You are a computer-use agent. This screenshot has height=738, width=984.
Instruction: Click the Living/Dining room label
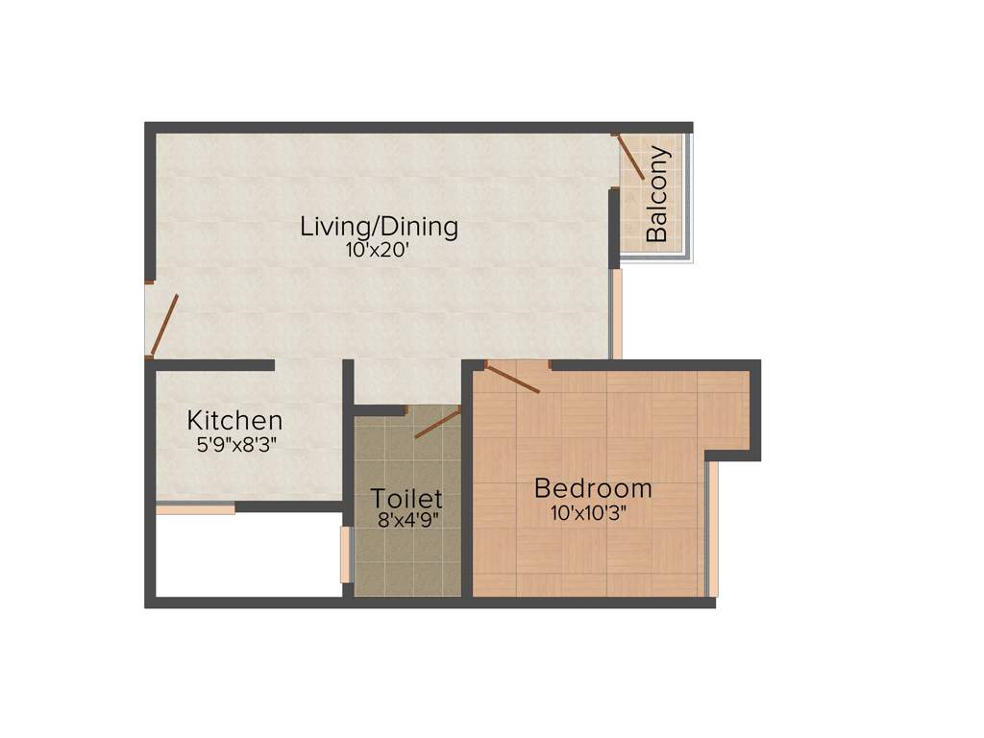click(x=379, y=228)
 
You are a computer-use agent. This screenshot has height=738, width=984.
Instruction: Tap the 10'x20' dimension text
click(x=379, y=251)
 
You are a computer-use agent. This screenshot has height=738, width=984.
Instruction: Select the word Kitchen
click(x=234, y=421)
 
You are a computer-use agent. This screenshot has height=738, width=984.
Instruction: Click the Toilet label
click(x=406, y=499)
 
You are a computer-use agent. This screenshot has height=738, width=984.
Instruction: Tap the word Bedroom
click(x=593, y=488)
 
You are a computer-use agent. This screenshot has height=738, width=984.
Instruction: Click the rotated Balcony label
click(x=657, y=193)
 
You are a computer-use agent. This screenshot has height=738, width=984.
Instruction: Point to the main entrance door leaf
click(x=164, y=325)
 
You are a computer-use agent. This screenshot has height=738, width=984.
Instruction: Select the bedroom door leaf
click(x=513, y=378)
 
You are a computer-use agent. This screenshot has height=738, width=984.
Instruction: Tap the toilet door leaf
click(x=437, y=423)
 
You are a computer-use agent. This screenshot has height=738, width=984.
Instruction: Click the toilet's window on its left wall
click(x=346, y=554)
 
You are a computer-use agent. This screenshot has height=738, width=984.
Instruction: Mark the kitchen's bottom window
click(x=195, y=509)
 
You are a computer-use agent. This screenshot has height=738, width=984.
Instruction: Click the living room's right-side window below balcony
click(x=617, y=313)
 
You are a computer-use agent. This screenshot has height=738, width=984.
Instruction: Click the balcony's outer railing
click(x=688, y=197)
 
